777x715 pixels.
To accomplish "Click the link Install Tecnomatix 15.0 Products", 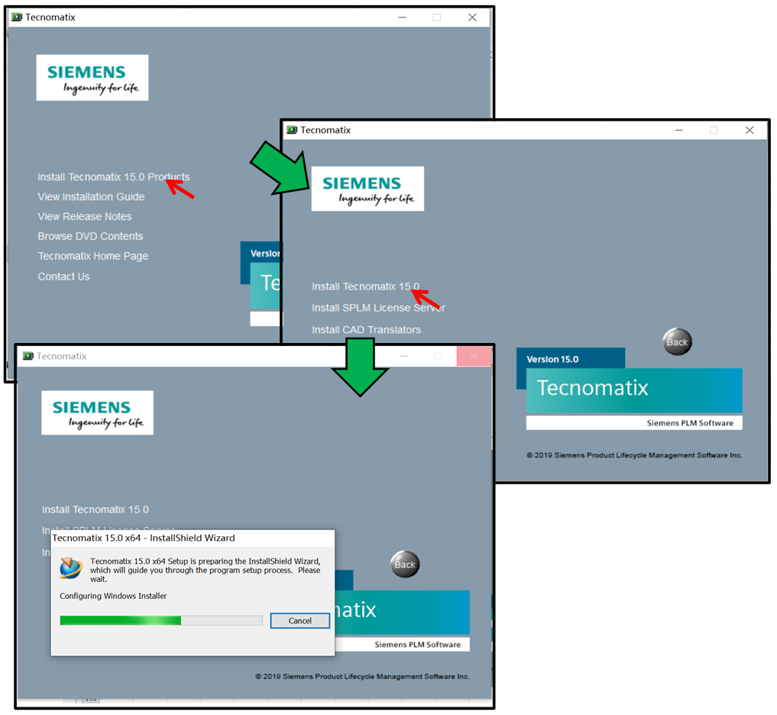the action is point(113,177).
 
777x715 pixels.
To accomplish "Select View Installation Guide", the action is point(91,197).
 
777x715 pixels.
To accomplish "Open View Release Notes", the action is point(85,217).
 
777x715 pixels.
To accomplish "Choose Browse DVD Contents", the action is point(90,237).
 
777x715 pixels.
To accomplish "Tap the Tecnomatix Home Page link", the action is point(93,257).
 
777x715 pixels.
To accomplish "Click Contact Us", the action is point(63,277).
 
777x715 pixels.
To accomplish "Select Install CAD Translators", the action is point(366,330).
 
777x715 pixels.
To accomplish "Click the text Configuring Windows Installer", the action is point(113,596).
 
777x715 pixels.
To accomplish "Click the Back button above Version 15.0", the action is point(677,341).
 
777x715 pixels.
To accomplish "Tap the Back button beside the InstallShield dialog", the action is point(405,565).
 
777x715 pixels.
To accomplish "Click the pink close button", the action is point(474,357).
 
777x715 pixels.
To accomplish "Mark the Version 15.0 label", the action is point(552,359).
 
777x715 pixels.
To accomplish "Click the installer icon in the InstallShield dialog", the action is point(71,568).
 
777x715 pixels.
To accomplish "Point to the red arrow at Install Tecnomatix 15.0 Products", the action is point(180,187).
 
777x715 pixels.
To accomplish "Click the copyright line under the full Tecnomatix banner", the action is point(634,455).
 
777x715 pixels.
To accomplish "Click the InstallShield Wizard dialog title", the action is point(144,538).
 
